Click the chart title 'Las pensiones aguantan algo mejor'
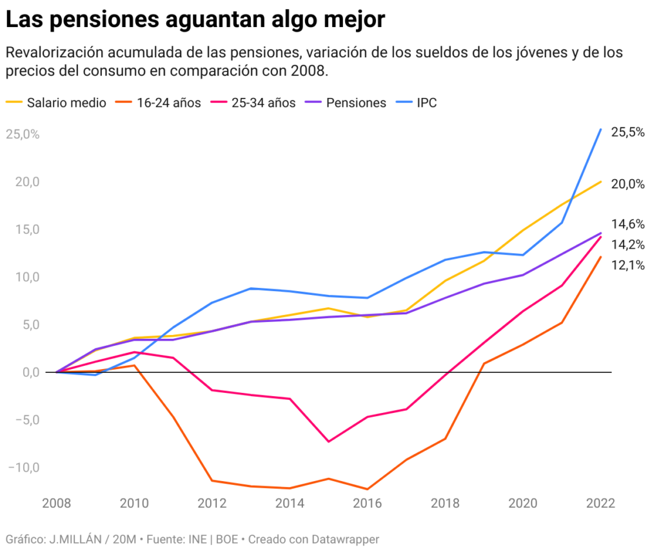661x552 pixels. pyautogui.click(x=195, y=19)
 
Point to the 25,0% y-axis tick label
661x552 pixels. pyautogui.click(x=23, y=135)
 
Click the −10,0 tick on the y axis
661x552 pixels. pyautogui.click(x=23, y=467)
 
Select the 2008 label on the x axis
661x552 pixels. pyautogui.click(x=57, y=504)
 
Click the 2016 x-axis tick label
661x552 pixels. pyautogui.click(x=368, y=504)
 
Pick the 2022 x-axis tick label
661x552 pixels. pyautogui.click(x=600, y=504)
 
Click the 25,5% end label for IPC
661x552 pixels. pyautogui.click(x=627, y=132)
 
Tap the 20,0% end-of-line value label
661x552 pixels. pyautogui.click(x=627, y=184)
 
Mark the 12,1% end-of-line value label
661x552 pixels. pyautogui.click(x=627, y=265)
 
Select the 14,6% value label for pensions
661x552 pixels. pyautogui.click(x=627, y=224)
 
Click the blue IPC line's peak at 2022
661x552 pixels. pyautogui.click(x=600, y=129)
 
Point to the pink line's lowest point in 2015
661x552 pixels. pyautogui.click(x=329, y=441)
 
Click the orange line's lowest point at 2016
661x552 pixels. pyautogui.click(x=368, y=489)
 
